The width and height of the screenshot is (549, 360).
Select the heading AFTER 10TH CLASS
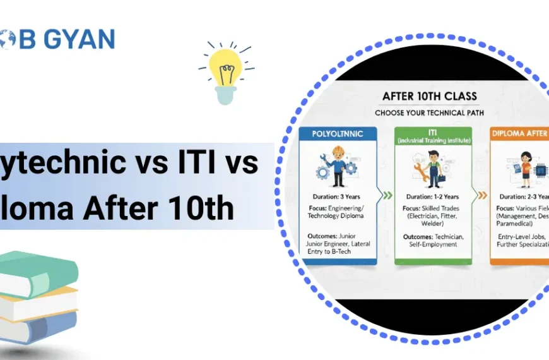[x=430, y=97]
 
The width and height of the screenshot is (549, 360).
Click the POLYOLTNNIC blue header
[x=337, y=134]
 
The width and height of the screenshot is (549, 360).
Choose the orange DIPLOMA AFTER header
[x=519, y=134]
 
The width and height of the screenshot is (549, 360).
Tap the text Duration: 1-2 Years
[x=432, y=196]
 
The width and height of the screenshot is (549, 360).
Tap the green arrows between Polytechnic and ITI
[x=386, y=196]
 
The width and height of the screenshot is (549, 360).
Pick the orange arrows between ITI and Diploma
[x=481, y=196]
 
